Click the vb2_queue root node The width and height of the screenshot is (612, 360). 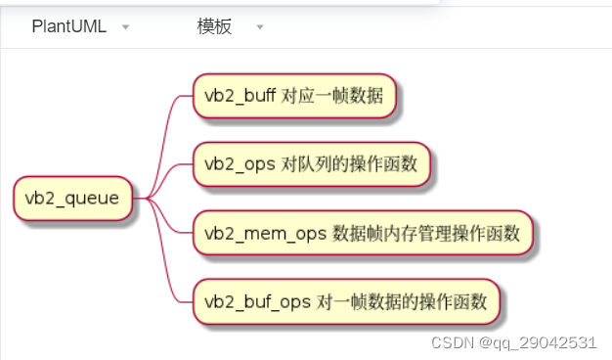click(72, 199)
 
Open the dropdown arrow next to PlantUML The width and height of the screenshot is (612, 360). click(125, 27)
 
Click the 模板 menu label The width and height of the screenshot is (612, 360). click(214, 26)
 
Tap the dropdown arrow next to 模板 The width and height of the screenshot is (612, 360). click(260, 27)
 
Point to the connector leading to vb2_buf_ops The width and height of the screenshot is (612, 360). click(172, 274)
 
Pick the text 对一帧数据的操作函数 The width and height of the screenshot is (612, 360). click(402, 301)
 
